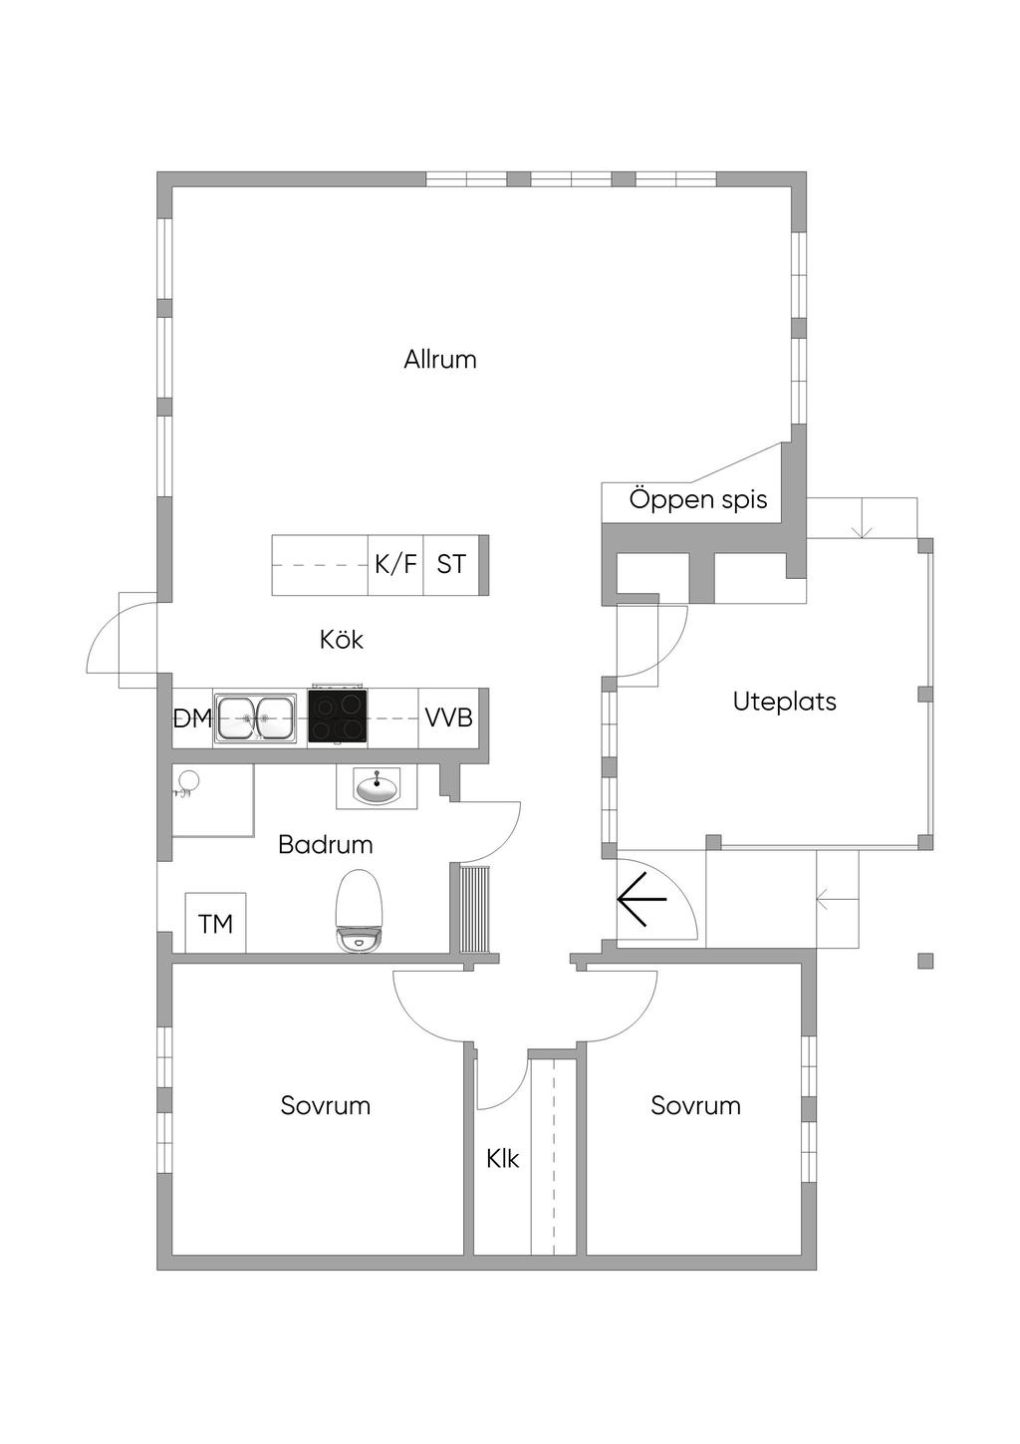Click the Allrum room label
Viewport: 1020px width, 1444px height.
click(440, 359)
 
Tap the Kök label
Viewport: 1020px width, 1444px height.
click(342, 640)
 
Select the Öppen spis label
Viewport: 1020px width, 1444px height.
click(698, 500)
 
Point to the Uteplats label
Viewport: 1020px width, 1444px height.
click(784, 702)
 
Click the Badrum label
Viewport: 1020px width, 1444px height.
click(326, 844)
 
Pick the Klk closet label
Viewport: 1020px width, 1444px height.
click(503, 1159)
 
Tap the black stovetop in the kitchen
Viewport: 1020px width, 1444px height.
click(338, 717)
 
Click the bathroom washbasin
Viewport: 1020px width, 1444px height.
click(377, 787)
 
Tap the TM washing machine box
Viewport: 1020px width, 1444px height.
click(215, 922)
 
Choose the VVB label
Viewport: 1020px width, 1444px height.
click(449, 717)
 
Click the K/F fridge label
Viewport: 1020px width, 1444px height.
click(396, 564)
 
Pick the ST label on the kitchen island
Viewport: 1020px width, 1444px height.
click(451, 564)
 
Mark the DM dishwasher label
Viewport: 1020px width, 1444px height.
click(192, 719)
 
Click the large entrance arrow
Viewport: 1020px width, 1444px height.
click(642, 899)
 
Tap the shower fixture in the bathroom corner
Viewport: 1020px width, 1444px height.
click(186, 784)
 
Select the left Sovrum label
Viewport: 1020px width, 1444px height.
click(326, 1105)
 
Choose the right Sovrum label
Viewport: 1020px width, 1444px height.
click(696, 1105)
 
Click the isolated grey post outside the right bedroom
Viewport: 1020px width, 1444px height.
click(925, 961)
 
